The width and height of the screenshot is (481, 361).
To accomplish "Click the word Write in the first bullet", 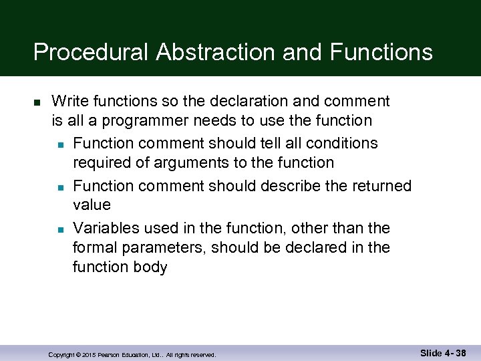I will click(69, 102).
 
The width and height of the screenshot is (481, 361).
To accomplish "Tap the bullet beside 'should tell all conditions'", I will click(61, 144).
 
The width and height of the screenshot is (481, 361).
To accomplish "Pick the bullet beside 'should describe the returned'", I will click(61, 187).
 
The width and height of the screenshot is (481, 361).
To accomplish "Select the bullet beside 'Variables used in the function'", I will click(61, 229).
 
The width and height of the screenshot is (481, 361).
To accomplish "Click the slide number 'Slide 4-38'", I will click(443, 352).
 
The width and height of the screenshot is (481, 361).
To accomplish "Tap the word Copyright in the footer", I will click(61, 355).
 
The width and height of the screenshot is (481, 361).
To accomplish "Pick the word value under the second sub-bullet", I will click(92, 205).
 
